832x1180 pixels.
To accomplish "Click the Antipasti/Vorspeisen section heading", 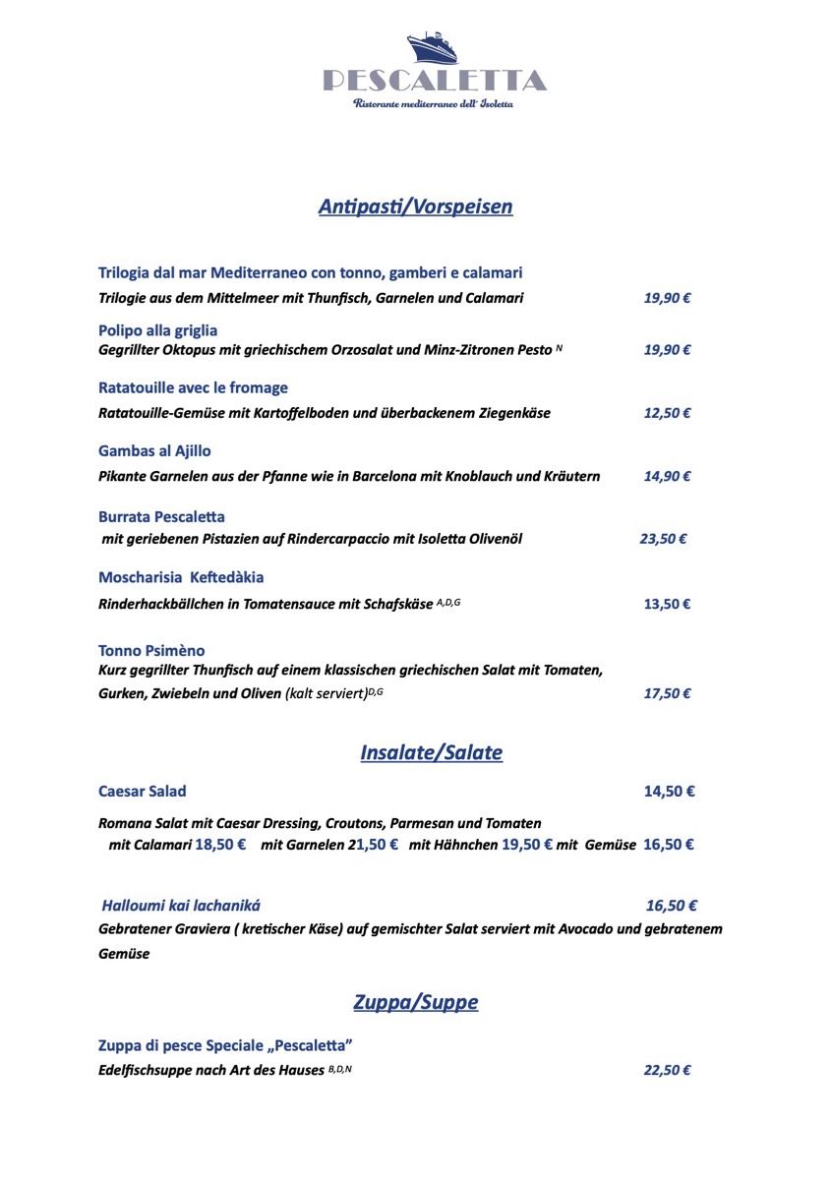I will pos(415,206).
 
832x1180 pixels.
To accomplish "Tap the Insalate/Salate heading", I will pos(431,753).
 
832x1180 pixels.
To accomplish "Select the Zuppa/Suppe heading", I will pos(415,1003).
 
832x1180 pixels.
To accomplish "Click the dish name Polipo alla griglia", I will pos(157,330).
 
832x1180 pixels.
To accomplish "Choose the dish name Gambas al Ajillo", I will pos(154,451).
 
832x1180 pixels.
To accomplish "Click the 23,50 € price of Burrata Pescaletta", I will pos(663,539).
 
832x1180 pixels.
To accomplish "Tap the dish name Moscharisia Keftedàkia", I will pos(181,577).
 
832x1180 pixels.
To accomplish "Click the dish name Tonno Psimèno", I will pos(151,651).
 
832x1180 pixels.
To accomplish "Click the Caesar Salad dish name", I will pos(143,792).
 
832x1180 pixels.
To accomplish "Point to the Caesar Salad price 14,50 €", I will pos(669,792).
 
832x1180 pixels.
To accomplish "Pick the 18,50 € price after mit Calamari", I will pos(220,845).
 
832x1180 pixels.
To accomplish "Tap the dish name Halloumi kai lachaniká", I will pos(182,906).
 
